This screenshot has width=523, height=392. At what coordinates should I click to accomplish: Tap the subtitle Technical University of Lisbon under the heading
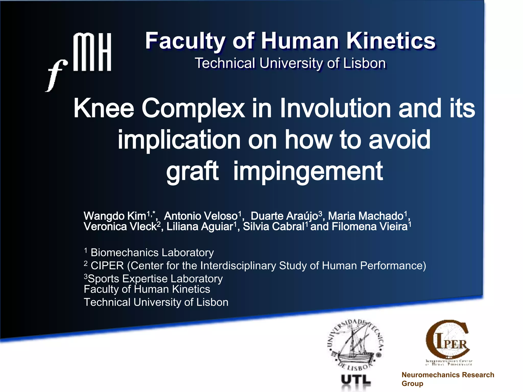coord(290,63)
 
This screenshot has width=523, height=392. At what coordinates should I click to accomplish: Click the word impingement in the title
coord(308,171)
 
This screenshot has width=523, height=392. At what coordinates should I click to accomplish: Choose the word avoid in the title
coord(400,140)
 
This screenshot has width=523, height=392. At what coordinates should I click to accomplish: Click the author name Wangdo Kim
coord(115,216)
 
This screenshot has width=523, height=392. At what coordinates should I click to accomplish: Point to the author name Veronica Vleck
coord(120,227)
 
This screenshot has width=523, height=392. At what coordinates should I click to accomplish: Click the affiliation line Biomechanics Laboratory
coord(152,253)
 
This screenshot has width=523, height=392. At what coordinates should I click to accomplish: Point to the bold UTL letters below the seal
coord(356,380)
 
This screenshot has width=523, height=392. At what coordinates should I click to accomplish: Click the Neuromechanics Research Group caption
coord(448,379)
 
